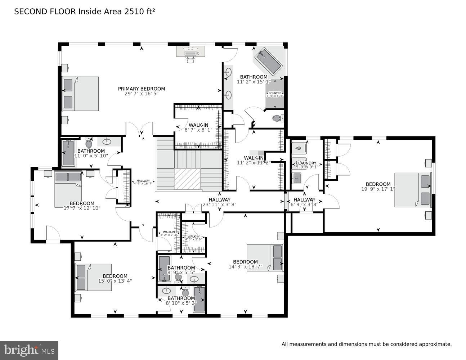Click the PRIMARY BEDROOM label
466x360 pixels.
[142, 89]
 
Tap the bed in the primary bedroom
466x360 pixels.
[80, 94]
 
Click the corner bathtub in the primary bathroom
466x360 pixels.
[269, 61]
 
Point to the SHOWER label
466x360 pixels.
[275, 93]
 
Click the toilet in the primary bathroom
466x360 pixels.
[278, 118]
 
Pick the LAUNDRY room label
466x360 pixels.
[306, 163]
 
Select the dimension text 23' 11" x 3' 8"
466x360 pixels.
[219, 204]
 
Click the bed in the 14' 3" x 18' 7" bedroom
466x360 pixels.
[265, 258]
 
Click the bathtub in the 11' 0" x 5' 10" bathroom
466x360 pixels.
[68, 153]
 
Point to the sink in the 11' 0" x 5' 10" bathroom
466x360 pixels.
[107, 141]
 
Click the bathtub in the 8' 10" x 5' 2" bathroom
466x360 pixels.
[199, 299]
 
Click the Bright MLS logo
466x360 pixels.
[29, 350]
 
